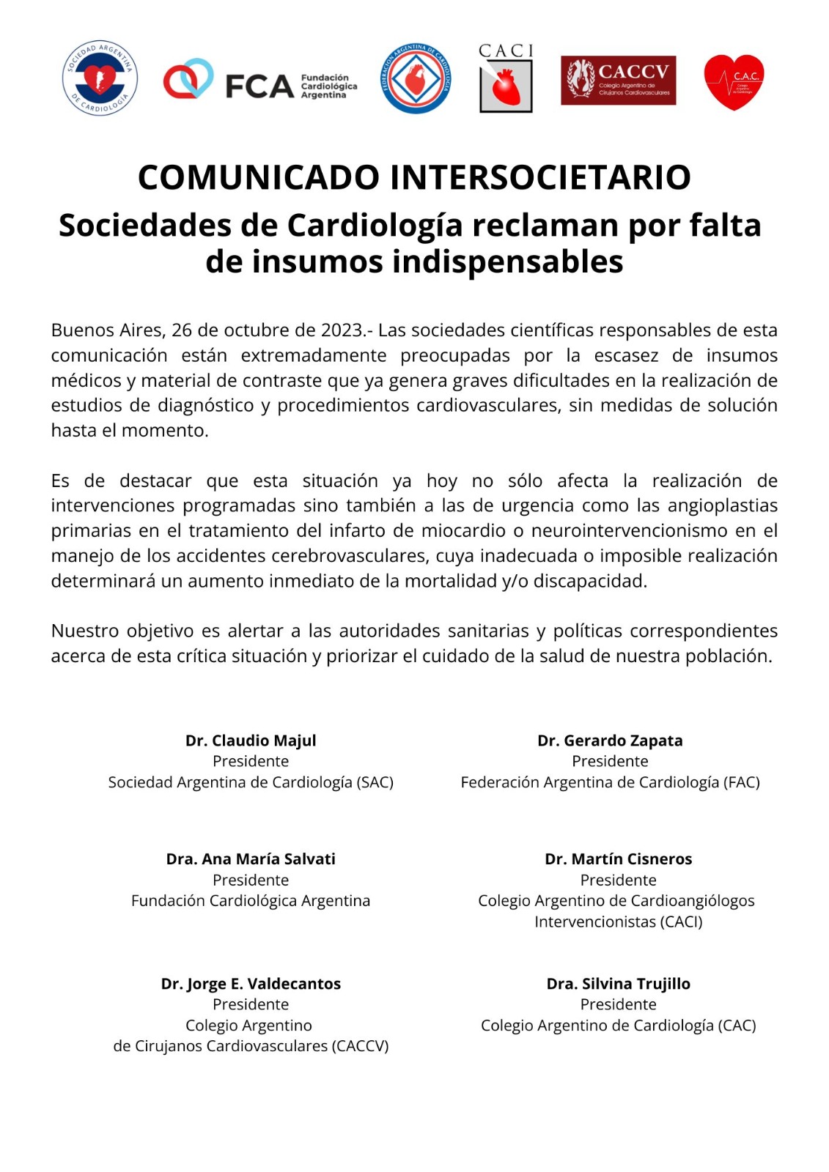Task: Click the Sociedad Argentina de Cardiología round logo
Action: click(100, 78)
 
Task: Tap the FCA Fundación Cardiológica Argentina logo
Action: click(260, 81)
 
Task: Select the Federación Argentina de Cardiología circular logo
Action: click(416, 78)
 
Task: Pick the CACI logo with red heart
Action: click(506, 78)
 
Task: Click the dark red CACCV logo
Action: click(618, 80)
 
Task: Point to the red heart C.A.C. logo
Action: click(734, 81)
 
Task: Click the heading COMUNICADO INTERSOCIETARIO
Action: click(414, 177)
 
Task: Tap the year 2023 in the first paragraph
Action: click(342, 330)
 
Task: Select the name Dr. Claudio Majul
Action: click(251, 741)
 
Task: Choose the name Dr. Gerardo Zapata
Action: click(610, 741)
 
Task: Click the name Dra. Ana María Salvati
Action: click(251, 859)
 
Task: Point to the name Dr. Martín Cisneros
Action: click(618, 859)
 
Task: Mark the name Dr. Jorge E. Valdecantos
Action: click(251, 984)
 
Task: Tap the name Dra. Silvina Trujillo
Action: click(618, 984)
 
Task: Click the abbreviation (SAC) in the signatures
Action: click(375, 782)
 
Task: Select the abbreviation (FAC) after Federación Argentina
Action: click(741, 782)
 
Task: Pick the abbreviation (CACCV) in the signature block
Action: click(360, 1046)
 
